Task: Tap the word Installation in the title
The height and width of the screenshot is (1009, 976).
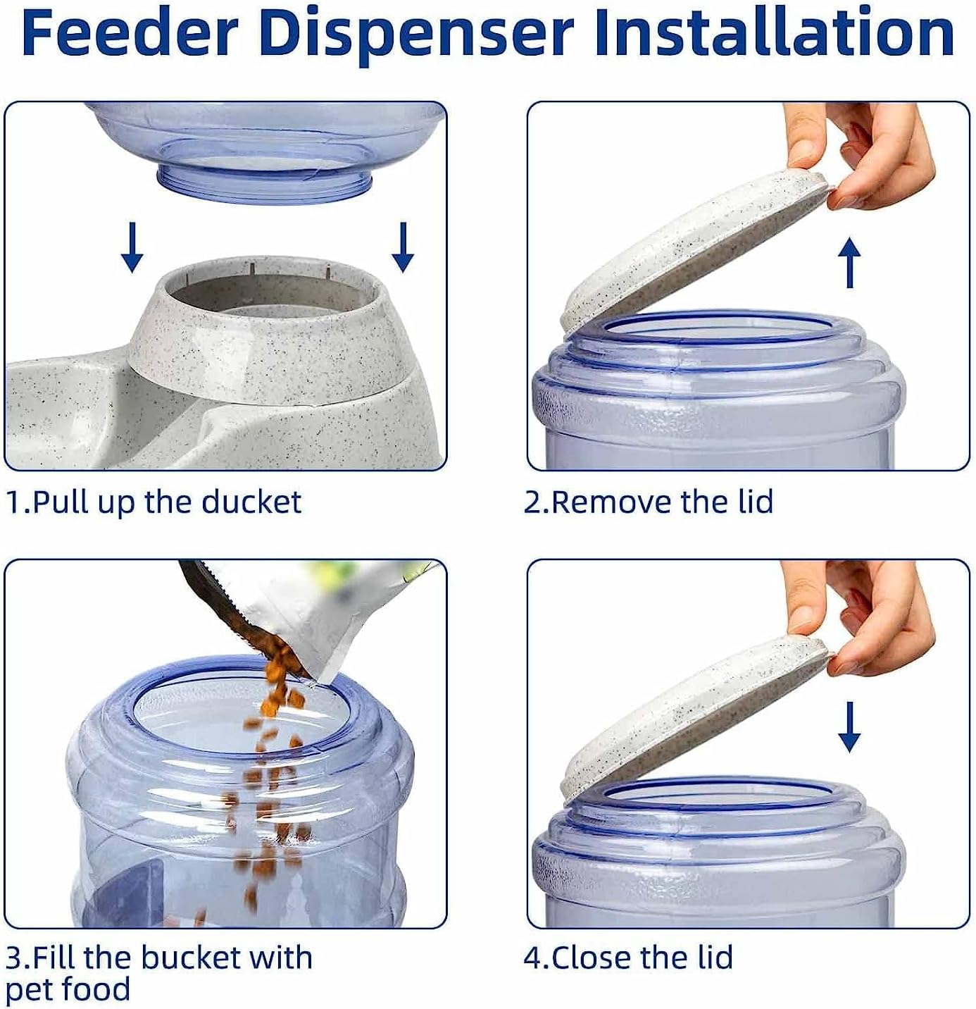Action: [x=773, y=34]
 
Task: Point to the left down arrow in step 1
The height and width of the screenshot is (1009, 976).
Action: [x=132, y=247]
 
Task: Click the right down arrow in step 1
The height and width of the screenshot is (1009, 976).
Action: [x=403, y=247]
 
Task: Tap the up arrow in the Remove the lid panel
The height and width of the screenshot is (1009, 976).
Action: [x=850, y=263]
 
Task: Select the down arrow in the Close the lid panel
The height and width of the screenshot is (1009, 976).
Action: [x=849, y=726]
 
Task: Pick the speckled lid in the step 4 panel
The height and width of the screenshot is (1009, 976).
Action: [x=690, y=712]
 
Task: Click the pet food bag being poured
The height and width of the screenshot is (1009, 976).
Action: [x=317, y=613]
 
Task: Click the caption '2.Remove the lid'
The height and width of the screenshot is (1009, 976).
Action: [x=648, y=502]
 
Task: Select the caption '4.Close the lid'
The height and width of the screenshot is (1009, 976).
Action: [x=628, y=958]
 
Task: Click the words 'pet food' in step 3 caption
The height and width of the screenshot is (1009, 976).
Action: [x=68, y=989]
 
